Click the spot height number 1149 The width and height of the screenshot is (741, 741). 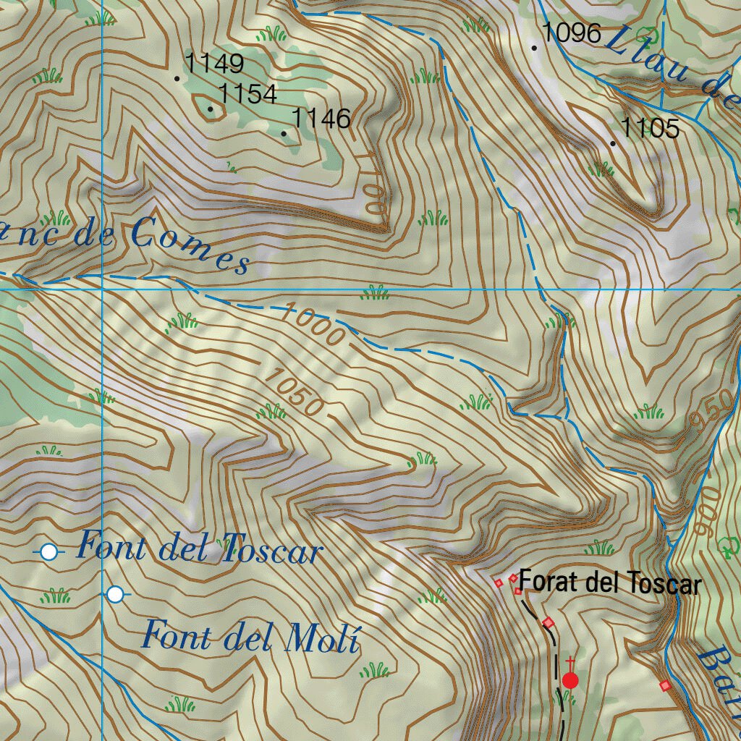214,64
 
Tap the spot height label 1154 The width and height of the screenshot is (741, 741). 247,93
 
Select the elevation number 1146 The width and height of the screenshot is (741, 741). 321,117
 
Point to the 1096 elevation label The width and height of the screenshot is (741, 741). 572,33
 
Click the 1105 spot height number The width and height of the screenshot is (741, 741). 650,129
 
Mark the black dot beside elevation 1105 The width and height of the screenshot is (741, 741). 613,143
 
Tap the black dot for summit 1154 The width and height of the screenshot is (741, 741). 211,110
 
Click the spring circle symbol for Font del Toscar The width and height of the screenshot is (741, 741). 48,552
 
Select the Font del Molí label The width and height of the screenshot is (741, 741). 250,637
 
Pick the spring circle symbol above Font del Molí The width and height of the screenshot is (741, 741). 115,595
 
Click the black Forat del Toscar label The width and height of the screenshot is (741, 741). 610,583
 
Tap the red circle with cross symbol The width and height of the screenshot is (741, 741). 570,679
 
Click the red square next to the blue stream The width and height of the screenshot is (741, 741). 664,685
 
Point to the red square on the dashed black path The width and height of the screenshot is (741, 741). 548,622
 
